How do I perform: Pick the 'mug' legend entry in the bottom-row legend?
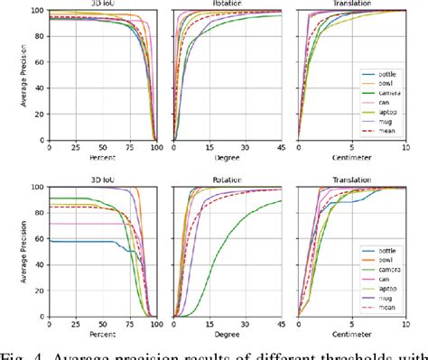click(387, 297)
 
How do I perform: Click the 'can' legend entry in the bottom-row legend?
click(386, 278)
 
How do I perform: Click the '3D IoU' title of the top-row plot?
click(102, 5)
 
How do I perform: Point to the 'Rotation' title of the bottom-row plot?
click(227, 180)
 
